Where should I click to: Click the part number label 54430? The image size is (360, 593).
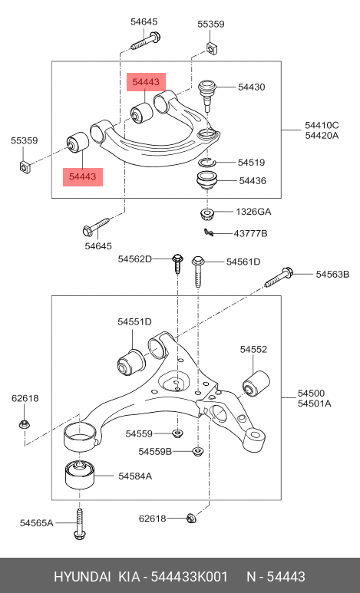tap(251, 87)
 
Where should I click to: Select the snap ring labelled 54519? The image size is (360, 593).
tap(206, 162)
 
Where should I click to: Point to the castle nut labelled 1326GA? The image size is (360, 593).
tap(206, 214)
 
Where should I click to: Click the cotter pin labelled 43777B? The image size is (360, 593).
tap(209, 233)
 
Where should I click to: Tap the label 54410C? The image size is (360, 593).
tap(322, 125)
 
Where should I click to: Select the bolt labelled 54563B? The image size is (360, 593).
tap(278, 278)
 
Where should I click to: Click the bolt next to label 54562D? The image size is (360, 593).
tap(177, 264)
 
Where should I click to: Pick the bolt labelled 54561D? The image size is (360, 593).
tap(198, 271)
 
